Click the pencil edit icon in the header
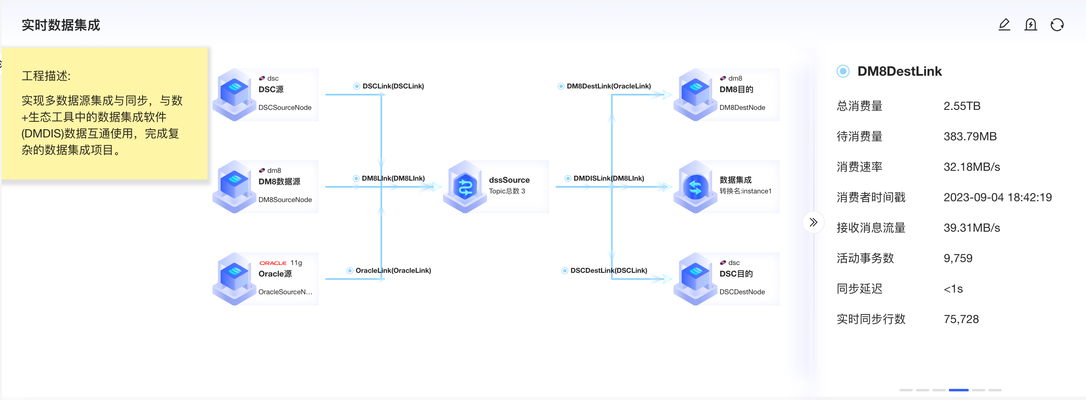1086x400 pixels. click(1004, 25)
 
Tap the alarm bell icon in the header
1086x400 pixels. click(1030, 25)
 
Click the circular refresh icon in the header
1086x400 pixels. click(1056, 25)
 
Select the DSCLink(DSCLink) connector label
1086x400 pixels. click(392, 86)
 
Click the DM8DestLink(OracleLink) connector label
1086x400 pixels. click(608, 86)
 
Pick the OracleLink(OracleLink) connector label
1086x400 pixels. click(392, 270)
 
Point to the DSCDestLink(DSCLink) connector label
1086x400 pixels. click(608, 270)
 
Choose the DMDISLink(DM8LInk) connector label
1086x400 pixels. click(608, 178)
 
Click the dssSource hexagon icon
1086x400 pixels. click(465, 187)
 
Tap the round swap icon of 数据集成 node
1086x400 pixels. click(695, 187)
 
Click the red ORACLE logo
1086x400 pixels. click(273, 263)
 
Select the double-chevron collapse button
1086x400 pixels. click(813, 222)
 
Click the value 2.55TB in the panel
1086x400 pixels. click(962, 106)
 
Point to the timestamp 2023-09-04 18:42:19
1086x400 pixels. click(997, 197)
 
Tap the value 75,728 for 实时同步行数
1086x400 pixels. click(961, 319)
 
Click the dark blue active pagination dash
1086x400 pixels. click(958, 390)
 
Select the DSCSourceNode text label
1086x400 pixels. click(284, 107)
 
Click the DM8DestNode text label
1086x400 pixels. click(742, 107)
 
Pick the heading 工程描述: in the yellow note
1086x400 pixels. click(46, 76)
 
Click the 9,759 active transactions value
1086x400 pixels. click(958, 258)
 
